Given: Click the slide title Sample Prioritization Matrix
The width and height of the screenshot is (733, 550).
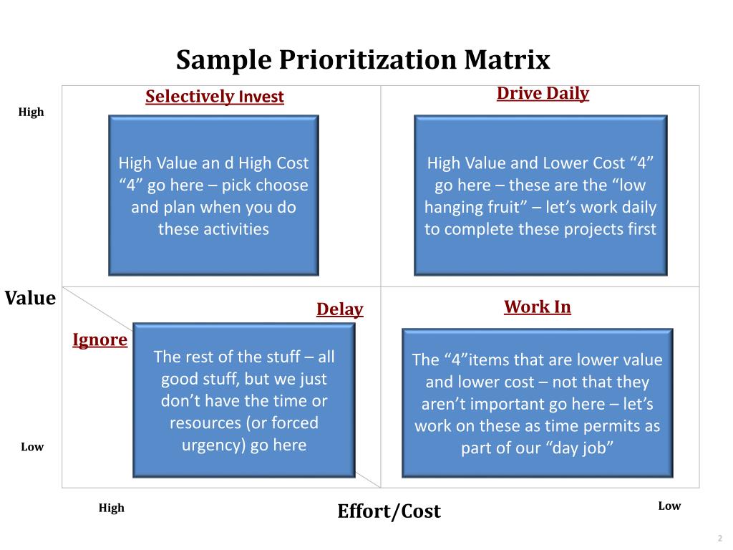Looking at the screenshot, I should click(363, 60).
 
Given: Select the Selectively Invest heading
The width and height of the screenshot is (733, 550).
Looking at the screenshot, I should click(215, 97).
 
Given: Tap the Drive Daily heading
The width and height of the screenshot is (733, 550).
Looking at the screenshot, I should click(543, 93).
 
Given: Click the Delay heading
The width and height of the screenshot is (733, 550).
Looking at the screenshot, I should click(340, 309).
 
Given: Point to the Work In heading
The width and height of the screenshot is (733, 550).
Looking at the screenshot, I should click(538, 307).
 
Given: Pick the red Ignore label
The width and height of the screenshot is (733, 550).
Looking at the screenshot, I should click(99, 339).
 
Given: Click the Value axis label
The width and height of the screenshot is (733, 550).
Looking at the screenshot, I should click(30, 298).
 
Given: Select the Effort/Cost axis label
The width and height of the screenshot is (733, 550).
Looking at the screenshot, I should click(389, 511).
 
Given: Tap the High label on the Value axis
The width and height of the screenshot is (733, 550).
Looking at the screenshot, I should click(31, 112).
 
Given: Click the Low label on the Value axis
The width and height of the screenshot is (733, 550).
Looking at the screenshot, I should click(32, 447).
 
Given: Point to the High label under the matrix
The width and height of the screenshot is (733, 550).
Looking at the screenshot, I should click(111, 508).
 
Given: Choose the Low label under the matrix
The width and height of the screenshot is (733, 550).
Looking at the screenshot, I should click(669, 506).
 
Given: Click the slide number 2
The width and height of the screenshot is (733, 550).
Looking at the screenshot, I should click(719, 539).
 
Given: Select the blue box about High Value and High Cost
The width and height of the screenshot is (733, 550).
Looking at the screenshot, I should click(213, 195).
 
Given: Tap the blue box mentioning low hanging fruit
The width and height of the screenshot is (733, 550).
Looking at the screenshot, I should click(540, 195).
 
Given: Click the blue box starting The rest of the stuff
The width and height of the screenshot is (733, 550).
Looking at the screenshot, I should click(243, 400).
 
